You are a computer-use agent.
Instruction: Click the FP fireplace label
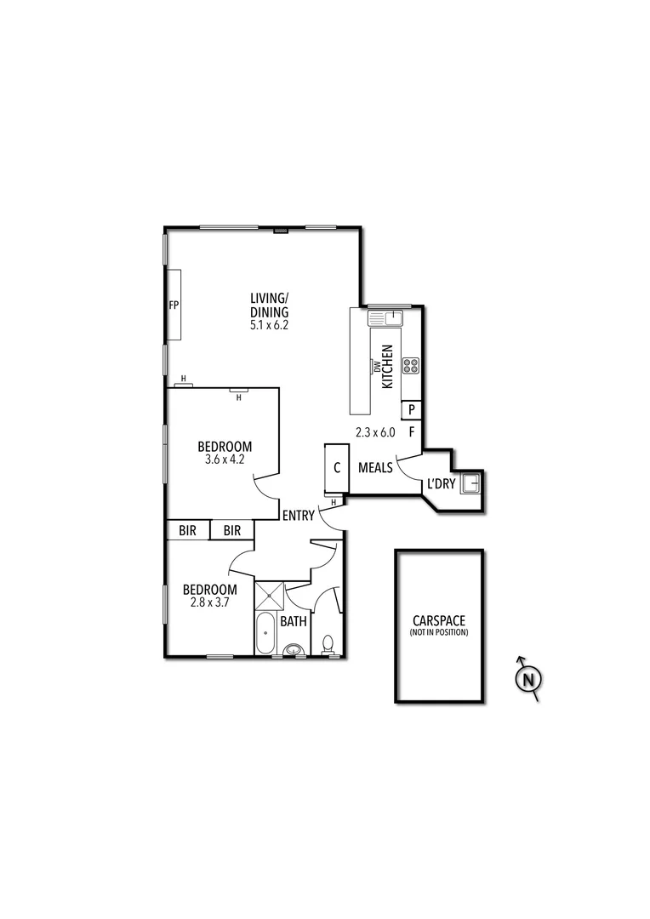(x=174, y=305)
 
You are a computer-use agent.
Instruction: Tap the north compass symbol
(x=528, y=679)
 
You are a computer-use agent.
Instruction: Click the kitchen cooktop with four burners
(x=411, y=366)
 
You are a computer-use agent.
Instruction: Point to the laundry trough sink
(x=470, y=484)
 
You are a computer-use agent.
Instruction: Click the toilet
(x=328, y=644)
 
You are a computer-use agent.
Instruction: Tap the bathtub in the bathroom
(x=265, y=632)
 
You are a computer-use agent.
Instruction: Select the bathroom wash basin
(x=294, y=649)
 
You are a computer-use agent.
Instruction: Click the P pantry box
(x=412, y=410)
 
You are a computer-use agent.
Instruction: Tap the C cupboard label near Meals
(x=337, y=468)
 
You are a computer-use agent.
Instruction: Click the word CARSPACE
(x=439, y=620)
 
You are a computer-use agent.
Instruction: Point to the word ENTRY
(x=299, y=515)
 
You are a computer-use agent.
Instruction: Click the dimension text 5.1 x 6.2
(x=270, y=324)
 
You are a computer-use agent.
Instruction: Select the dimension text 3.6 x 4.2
(x=225, y=459)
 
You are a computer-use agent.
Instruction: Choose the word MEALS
(x=375, y=467)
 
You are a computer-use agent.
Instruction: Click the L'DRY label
(x=442, y=484)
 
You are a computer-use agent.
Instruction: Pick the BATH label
(x=294, y=621)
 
